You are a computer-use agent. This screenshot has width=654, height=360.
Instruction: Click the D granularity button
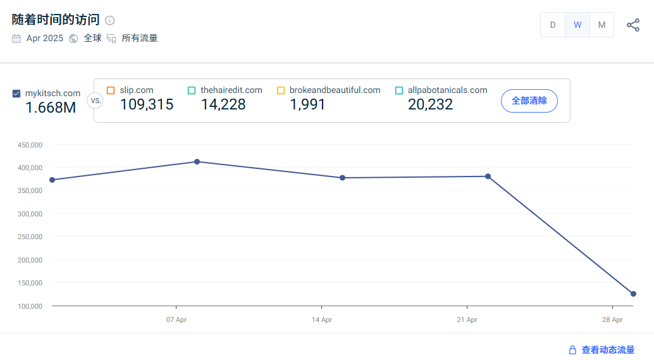tap(553, 25)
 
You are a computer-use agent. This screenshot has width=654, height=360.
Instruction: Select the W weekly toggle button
tap(577, 25)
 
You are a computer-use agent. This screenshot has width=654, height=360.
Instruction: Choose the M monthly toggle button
tap(602, 25)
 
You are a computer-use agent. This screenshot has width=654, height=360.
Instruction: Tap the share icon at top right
tap(633, 25)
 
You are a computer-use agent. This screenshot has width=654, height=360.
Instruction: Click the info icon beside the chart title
tap(110, 20)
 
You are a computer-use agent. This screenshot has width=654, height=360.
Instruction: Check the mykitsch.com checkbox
tap(16, 94)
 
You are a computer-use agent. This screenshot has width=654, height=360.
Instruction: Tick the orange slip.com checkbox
tap(111, 90)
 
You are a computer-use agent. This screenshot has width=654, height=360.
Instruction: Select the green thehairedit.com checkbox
tap(192, 90)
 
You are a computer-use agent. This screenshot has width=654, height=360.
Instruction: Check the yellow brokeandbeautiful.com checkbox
tap(281, 90)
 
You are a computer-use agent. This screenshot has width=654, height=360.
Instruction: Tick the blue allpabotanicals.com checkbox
tap(399, 90)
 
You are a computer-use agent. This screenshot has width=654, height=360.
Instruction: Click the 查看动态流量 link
tap(607, 350)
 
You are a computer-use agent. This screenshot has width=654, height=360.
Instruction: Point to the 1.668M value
tap(51, 108)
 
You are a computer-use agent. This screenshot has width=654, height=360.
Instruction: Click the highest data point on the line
tap(197, 162)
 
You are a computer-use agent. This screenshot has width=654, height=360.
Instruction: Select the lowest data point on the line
tap(633, 294)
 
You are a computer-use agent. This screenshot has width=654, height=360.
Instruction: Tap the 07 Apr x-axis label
tap(176, 320)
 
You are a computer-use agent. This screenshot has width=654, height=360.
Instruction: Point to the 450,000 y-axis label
tap(30, 145)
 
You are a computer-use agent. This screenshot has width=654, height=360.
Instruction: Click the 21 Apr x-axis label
tap(467, 320)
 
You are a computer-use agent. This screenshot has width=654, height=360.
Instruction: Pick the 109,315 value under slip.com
tap(147, 105)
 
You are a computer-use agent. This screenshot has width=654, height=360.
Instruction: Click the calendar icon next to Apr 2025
tap(16, 39)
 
